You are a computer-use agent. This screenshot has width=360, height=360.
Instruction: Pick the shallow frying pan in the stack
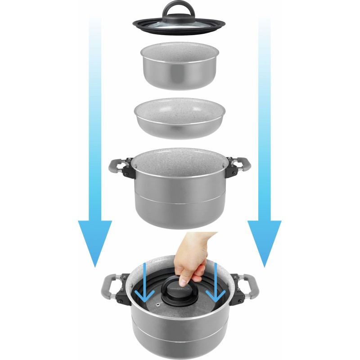(179, 119)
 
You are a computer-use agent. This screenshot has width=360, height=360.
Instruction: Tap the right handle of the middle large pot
(241, 166)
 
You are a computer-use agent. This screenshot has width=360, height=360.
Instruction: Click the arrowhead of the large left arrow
(94, 243)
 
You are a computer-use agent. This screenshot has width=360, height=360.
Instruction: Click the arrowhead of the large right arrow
(265, 243)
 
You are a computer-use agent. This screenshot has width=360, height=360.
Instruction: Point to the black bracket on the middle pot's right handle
(231, 168)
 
